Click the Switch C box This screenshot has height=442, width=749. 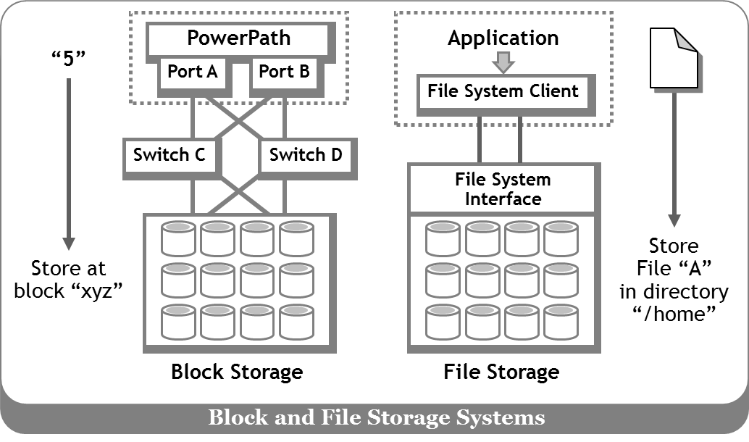(x=170, y=157)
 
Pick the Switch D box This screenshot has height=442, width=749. (x=306, y=157)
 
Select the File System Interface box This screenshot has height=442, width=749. (x=503, y=188)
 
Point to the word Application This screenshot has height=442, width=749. (x=503, y=38)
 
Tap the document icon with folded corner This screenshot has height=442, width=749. (x=674, y=59)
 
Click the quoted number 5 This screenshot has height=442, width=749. (x=68, y=58)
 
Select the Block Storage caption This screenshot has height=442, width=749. (x=237, y=372)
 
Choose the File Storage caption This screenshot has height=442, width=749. (x=501, y=372)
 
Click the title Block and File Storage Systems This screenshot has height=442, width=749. (x=377, y=417)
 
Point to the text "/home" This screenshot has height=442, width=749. (x=674, y=314)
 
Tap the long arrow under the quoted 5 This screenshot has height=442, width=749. (x=69, y=164)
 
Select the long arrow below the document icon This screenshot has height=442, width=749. (x=674, y=159)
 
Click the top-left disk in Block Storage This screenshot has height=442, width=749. (x=179, y=238)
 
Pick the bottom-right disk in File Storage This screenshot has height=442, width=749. (x=561, y=322)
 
